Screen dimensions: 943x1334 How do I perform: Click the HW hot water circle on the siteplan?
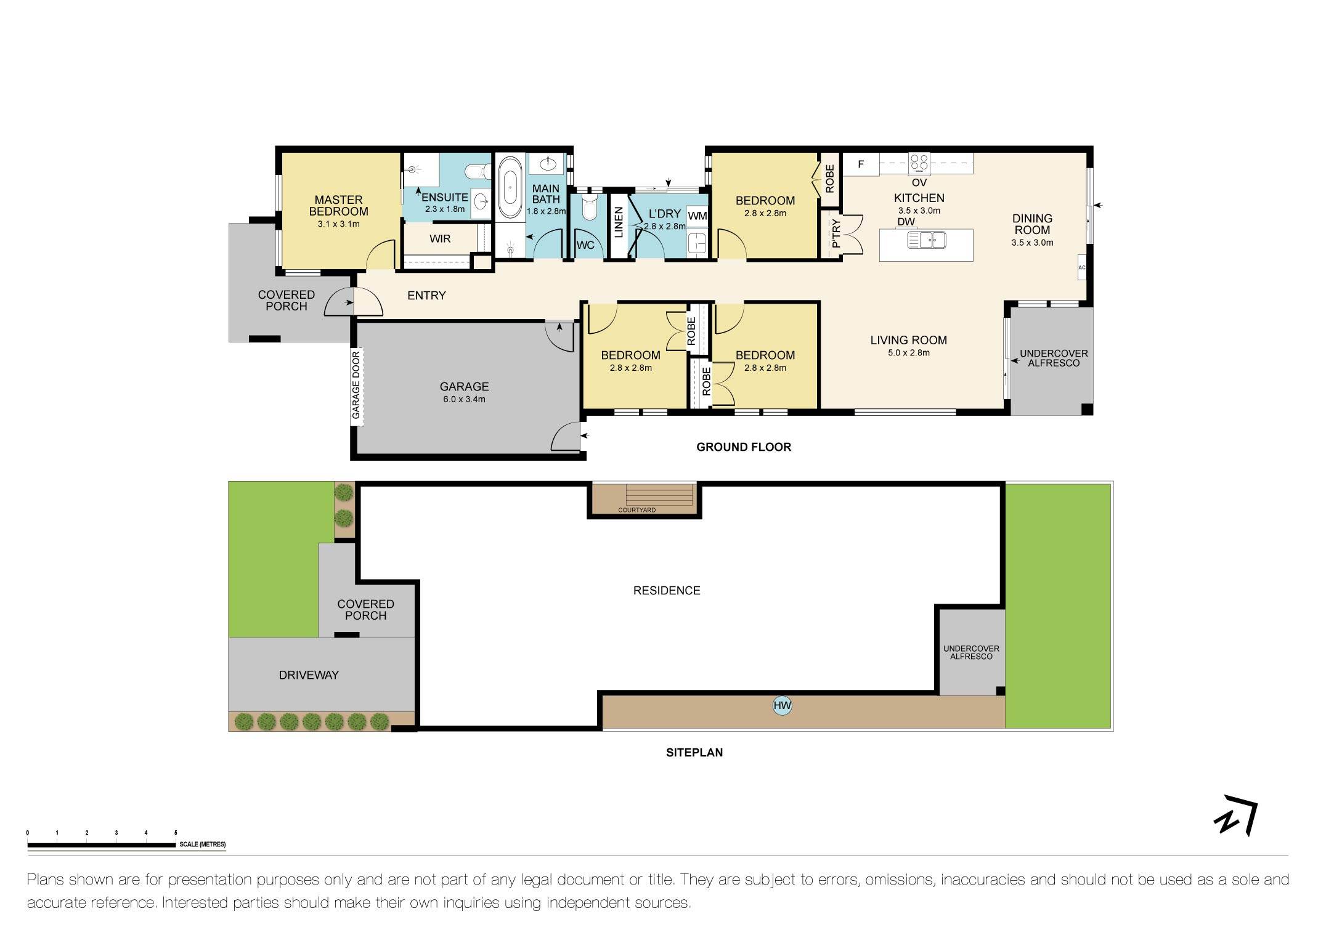pyautogui.click(x=782, y=706)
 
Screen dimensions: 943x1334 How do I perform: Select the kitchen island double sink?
pyautogui.click(x=926, y=240)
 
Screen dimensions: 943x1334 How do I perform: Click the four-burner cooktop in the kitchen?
pyautogui.click(x=919, y=163)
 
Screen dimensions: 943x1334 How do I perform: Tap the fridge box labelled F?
pyautogui.click(x=861, y=164)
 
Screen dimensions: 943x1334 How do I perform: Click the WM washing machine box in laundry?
pyautogui.click(x=697, y=216)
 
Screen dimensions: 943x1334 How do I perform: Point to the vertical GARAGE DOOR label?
pyautogui.click(x=356, y=386)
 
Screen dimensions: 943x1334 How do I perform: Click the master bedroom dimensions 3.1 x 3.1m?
pyautogui.click(x=338, y=224)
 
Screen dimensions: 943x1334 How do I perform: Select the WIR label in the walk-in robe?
pyautogui.click(x=440, y=239)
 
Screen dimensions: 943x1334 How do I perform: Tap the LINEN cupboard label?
pyautogui.click(x=619, y=222)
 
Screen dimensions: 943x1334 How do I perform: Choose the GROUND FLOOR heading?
pyautogui.click(x=743, y=447)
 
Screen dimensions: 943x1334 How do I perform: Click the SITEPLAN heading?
pyautogui.click(x=694, y=752)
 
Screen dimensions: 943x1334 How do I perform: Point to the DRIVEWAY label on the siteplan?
pyautogui.click(x=309, y=675)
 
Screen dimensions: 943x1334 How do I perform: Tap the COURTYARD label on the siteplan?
pyautogui.click(x=636, y=510)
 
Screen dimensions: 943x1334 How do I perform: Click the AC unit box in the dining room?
pyautogui.click(x=1081, y=267)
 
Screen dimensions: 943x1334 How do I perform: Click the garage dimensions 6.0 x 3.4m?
pyautogui.click(x=464, y=399)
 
